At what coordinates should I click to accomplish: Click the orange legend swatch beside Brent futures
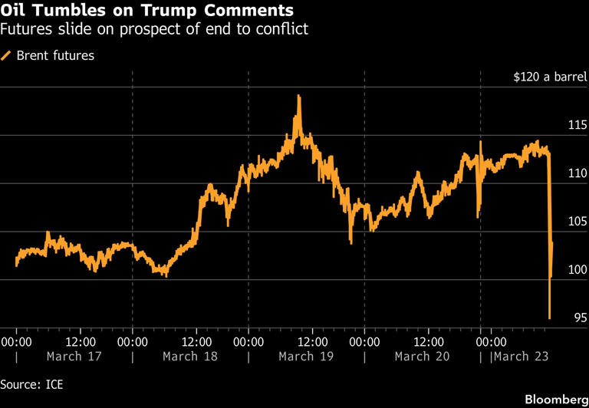tap(7, 55)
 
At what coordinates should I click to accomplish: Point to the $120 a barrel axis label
tap(551, 77)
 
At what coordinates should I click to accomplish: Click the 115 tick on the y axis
tap(577, 125)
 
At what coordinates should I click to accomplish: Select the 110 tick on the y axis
tap(577, 173)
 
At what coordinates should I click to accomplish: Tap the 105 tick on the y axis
tap(577, 222)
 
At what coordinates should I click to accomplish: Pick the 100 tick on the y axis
tap(577, 270)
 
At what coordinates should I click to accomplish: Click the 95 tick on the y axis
tap(579, 318)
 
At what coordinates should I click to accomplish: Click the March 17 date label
tap(73, 357)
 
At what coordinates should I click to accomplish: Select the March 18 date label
tap(189, 357)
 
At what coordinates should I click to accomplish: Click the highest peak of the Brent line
tap(298, 97)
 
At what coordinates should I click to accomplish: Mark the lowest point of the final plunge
tap(549, 318)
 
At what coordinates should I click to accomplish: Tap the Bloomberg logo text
tap(552, 400)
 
